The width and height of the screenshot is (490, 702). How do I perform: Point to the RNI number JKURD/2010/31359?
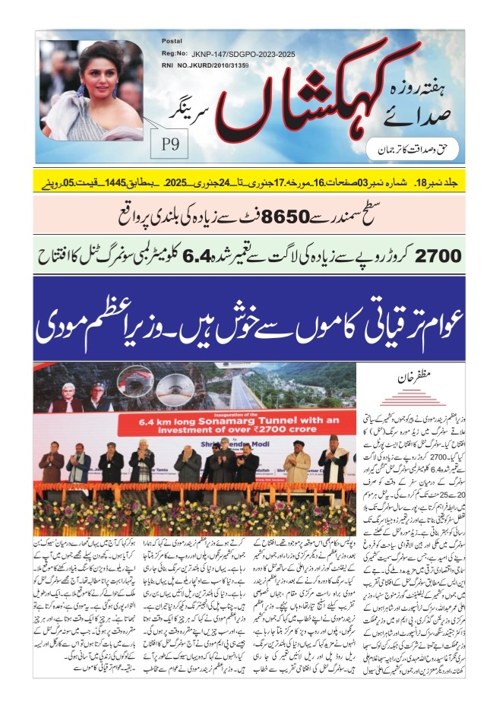[x=226, y=65]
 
